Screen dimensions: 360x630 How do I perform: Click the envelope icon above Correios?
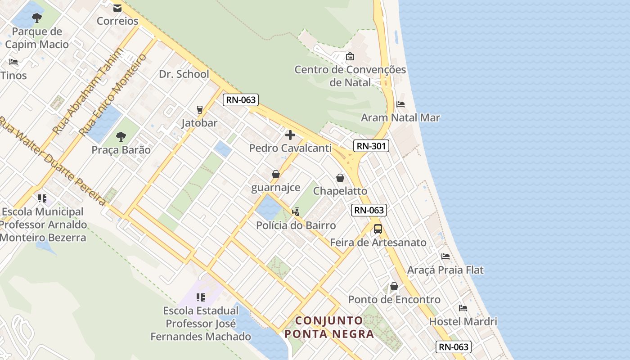click(117, 8)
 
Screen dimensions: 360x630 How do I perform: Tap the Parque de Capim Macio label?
click(37, 38)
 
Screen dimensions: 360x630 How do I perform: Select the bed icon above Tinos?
click(13, 62)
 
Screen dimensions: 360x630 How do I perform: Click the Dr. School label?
click(184, 74)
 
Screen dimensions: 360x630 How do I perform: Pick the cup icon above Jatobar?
click(199, 109)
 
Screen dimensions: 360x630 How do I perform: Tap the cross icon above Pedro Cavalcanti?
click(290, 135)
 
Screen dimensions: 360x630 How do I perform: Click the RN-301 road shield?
click(371, 146)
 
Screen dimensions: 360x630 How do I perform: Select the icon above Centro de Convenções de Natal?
click(350, 56)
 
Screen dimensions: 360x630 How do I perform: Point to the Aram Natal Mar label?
click(400, 118)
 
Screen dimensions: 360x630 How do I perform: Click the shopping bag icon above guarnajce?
click(275, 174)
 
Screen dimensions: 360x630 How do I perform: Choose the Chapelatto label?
click(340, 191)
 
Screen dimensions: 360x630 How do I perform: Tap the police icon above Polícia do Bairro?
click(296, 211)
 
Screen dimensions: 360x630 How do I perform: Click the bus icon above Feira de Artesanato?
click(378, 229)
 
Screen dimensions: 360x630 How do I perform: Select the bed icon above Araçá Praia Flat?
click(445, 256)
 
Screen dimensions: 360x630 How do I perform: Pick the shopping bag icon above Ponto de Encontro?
click(394, 286)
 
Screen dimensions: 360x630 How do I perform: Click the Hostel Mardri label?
click(463, 322)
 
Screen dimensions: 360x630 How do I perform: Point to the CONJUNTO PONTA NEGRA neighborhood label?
click(329, 327)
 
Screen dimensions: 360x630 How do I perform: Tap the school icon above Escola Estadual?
click(201, 297)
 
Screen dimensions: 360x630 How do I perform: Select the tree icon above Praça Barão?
click(121, 136)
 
